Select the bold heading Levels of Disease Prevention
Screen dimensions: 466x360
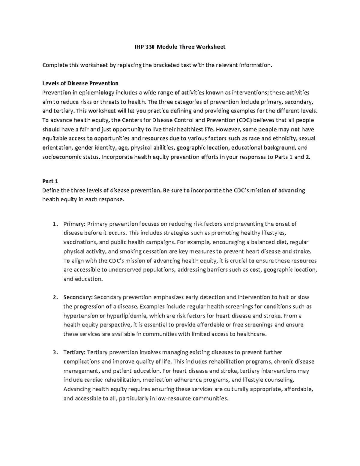pos(80,83)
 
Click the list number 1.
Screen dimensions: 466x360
pos(54,224)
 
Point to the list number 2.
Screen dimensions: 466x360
pos(54,297)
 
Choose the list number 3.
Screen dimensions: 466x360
pos(54,352)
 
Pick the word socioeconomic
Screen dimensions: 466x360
pos(60,157)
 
